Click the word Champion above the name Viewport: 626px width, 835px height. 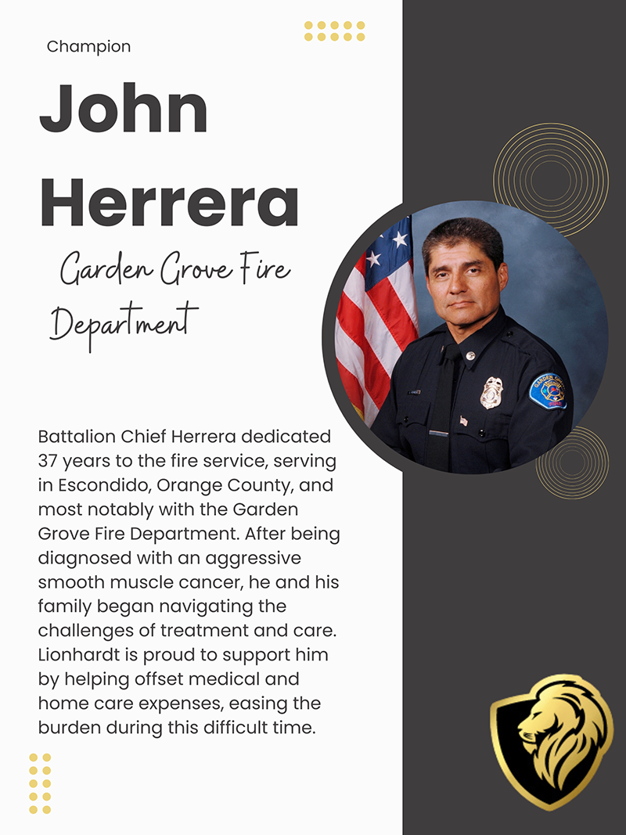tap(88, 47)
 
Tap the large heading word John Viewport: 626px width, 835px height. tap(124, 109)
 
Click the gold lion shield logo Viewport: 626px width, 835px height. tap(552, 740)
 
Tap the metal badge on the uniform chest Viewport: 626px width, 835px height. tap(491, 392)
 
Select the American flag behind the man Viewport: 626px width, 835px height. tap(374, 313)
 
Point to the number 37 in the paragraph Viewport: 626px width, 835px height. tap(49, 460)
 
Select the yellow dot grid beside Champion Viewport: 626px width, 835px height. tap(334, 31)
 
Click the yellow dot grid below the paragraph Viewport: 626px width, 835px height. tap(40, 783)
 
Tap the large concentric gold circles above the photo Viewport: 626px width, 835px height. tap(551, 179)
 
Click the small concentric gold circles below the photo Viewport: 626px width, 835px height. tap(572, 462)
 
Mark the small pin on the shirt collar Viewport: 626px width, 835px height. tap(469, 355)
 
